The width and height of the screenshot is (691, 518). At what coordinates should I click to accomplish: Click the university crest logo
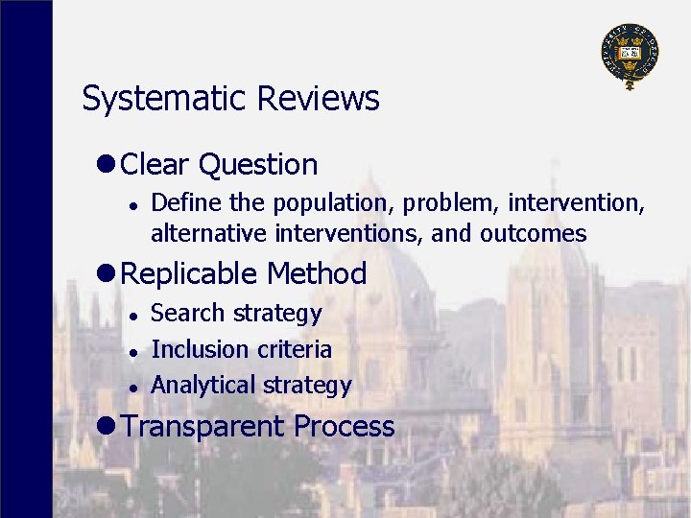click(630, 55)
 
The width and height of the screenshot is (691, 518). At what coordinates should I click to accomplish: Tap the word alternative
click(209, 233)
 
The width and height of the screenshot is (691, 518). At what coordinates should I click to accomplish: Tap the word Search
click(188, 314)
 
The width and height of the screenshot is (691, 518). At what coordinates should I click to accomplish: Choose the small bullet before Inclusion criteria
click(136, 351)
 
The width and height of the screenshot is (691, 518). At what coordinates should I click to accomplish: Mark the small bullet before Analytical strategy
click(136, 387)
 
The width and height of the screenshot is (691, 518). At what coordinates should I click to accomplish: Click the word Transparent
click(203, 427)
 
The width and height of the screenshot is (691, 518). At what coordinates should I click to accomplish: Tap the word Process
click(345, 427)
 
